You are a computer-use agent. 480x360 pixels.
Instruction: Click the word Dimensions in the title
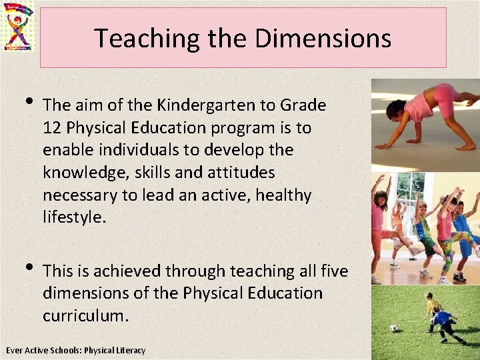[x=323, y=39]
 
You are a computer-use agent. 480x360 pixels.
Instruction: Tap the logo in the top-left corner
[x=19, y=26]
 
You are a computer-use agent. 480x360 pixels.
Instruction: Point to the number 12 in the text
[x=53, y=127]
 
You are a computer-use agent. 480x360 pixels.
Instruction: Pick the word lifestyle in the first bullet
[x=73, y=218]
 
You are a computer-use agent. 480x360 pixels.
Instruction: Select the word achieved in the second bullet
[x=127, y=271]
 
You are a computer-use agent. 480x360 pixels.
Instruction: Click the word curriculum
[x=85, y=315]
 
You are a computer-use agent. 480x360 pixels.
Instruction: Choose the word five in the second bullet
[x=333, y=271]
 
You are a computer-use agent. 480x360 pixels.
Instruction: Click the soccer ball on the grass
[x=393, y=328]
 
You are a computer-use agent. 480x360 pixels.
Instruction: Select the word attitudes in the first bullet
[x=240, y=173]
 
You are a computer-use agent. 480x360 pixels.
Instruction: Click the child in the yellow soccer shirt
[x=431, y=307]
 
